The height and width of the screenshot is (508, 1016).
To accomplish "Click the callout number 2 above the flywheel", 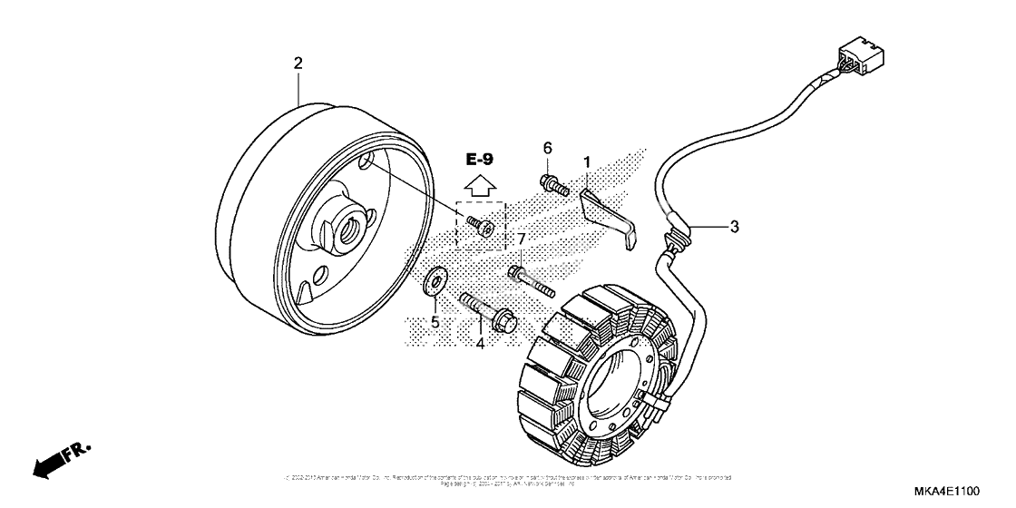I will click(298, 63).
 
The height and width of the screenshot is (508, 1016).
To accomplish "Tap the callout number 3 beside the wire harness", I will click(734, 227).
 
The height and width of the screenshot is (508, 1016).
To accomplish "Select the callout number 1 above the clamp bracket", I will click(587, 162).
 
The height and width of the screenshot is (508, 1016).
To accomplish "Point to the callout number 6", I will click(548, 148).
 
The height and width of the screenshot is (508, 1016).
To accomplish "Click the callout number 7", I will click(522, 239).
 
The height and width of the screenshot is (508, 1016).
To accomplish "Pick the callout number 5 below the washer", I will click(435, 322).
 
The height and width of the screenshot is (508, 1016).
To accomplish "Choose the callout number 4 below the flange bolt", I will click(480, 343).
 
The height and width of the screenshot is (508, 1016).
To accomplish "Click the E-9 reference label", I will click(480, 160).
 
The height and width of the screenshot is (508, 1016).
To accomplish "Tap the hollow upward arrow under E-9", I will click(480, 186).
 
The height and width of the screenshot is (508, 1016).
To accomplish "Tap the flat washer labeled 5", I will click(435, 281).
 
